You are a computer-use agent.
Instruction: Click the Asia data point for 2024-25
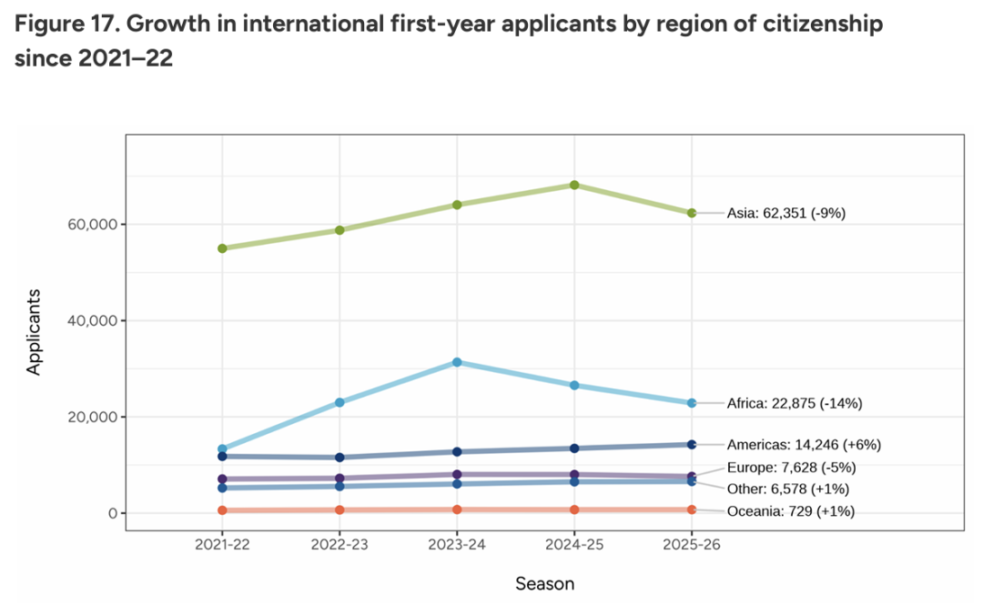click(x=574, y=185)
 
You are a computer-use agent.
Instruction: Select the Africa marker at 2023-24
click(x=457, y=362)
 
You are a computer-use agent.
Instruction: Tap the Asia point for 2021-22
click(x=222, y=248)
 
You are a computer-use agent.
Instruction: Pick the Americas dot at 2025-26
click(x=692, y=444)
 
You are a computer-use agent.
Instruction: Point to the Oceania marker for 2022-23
click(x=339, y=509)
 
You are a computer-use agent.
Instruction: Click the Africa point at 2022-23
click(x=339, y=402)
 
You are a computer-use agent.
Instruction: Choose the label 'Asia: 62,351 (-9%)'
click(x=786, y=214)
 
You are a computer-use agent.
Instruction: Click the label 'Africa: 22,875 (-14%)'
click(x=794, y=403)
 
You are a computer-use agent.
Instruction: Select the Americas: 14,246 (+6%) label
click(x=804, y=445)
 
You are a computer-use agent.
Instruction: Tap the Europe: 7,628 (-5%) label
click(x=791, y=468)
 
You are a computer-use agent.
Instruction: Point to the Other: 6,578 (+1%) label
click(x=788, y=489)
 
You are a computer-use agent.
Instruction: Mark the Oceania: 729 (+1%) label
click(x=790, y=511)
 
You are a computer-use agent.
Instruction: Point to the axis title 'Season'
click(x=544, y=583)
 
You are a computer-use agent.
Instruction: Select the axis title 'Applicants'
click(x=34, y=332)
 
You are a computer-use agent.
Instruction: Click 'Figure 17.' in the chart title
click(x=66, y=25)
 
